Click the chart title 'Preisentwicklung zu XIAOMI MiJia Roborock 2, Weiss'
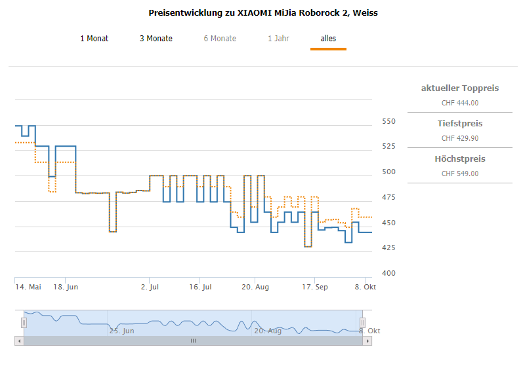263,12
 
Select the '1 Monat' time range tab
94,39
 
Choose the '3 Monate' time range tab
156,39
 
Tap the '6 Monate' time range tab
220,39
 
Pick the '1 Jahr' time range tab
278,39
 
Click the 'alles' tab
328,39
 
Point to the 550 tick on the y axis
388,122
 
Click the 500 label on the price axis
388,172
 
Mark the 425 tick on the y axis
388,248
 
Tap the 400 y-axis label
388,273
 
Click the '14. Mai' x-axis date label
28,287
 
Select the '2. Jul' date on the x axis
150,287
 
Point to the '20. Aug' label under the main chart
255,287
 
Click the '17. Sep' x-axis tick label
315,287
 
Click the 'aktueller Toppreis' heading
459,88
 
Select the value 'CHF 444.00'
459,103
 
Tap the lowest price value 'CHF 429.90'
459,138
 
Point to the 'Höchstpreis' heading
459,159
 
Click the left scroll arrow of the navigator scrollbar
19,341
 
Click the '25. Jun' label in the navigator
122,331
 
